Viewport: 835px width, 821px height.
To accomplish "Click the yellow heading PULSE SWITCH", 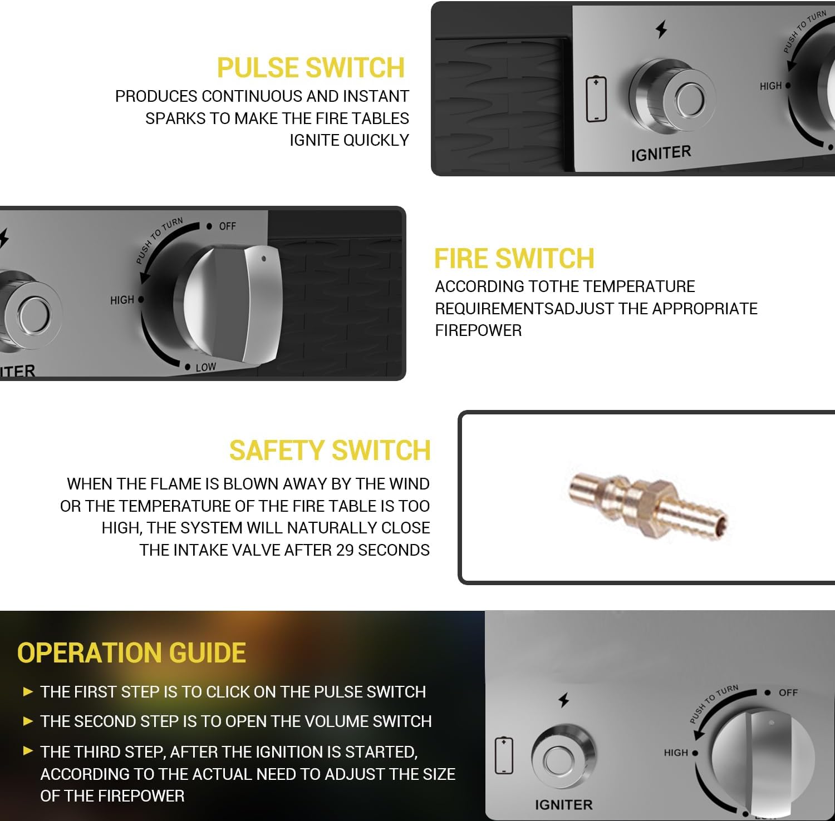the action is (x=311, y=68).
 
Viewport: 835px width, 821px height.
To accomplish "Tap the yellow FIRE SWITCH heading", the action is (x=514, y=259).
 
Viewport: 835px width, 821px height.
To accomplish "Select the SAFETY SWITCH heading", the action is (x=330, y=451).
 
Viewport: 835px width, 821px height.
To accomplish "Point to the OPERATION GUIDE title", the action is (x=131, y=653).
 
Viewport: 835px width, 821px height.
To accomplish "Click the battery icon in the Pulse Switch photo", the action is (x=596, y=99).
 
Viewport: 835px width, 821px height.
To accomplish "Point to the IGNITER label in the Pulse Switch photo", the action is (x=661, y=154).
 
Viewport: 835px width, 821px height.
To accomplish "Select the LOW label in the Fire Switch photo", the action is (x=205, y=367).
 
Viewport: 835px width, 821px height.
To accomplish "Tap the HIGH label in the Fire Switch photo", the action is (x=122, y=300).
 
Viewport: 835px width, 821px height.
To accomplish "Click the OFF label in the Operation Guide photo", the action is (x=788, y=693).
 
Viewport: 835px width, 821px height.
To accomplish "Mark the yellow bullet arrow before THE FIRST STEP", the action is (x=28, y=692).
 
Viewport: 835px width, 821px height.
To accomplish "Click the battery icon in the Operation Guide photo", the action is (x=504, y=755).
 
